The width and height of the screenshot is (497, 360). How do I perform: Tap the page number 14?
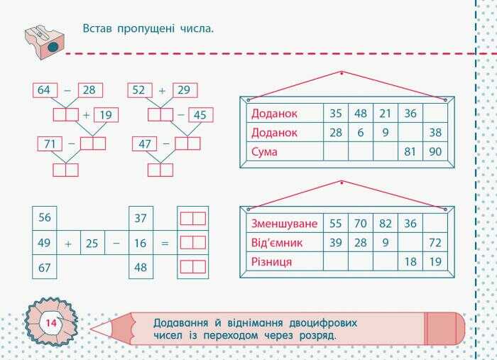coord(51,324)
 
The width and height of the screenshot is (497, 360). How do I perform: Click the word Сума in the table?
coord(265,151)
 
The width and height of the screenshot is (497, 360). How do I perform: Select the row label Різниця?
coord(272,262)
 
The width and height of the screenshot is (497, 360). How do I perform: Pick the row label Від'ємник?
coord(277,243)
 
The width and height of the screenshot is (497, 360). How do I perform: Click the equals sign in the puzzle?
coord(165,243)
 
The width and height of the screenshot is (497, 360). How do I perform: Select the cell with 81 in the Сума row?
coord(410,151)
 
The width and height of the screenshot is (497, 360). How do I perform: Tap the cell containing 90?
coord(435,151)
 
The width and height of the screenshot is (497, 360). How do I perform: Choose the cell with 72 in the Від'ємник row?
coord(435,243)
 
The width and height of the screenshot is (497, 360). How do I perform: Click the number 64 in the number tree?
coord(44,90)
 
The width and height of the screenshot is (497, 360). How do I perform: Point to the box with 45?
coord(200,115)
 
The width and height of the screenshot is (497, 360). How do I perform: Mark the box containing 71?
coord(50,144)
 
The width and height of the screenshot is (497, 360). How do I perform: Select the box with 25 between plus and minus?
coord(92,243)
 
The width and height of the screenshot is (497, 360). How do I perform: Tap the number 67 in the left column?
coord(44,267)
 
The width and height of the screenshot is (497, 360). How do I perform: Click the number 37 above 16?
coord(140,218)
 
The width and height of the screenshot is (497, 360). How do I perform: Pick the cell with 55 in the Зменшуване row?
coord(336,224)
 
